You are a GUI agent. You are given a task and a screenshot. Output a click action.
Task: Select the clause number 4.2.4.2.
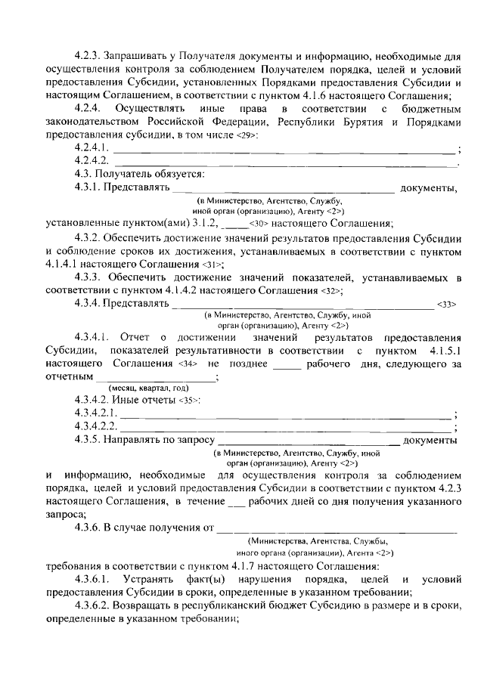tap(93, 160)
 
